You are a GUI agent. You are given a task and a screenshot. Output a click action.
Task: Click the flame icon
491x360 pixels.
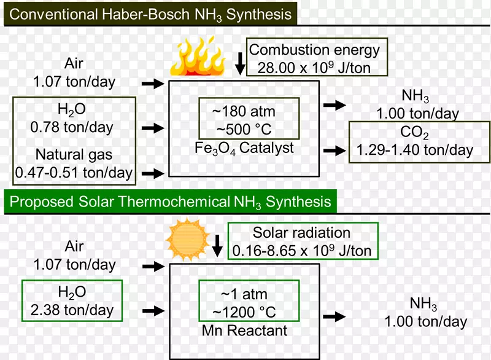coord(198,57)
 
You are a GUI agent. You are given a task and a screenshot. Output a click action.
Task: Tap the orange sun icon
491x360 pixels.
coord(188,240)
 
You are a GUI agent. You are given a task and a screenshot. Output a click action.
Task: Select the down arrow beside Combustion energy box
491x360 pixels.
coord(240,64)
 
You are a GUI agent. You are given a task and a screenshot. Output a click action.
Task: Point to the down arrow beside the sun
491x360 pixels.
coord(217,246)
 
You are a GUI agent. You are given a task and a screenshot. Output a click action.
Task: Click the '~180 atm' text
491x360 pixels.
coord(243,112)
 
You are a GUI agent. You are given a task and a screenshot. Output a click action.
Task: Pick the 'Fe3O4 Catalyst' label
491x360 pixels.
coord(244,148)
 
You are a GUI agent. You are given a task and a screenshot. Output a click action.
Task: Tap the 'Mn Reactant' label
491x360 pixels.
coord(244,331)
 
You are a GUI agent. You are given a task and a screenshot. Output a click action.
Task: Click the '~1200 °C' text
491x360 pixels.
coord(244,312)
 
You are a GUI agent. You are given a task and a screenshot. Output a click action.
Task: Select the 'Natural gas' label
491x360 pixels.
coord(74,155)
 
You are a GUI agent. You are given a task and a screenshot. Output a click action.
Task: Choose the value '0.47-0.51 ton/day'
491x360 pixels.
coord(74,173)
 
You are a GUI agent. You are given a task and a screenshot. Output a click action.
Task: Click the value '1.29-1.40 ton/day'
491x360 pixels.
coord(415,150)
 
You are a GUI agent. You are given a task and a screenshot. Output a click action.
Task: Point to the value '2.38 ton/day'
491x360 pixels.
coord(72,310)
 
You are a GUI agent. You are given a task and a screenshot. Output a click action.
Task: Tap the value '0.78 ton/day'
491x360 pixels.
coord(72,128)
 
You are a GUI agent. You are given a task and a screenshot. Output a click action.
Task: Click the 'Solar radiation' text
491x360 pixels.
coord(301,233)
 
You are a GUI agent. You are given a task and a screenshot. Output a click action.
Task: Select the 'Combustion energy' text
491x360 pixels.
coord(314,50)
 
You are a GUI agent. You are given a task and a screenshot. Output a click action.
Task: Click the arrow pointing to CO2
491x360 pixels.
coord(334,151)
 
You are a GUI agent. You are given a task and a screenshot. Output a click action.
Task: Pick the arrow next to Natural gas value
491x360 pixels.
coord(153,173)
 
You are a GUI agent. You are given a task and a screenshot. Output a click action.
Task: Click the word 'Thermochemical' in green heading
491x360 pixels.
coord(174,202)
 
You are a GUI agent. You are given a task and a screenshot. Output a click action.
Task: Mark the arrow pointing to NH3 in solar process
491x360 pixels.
coord(334,317)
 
